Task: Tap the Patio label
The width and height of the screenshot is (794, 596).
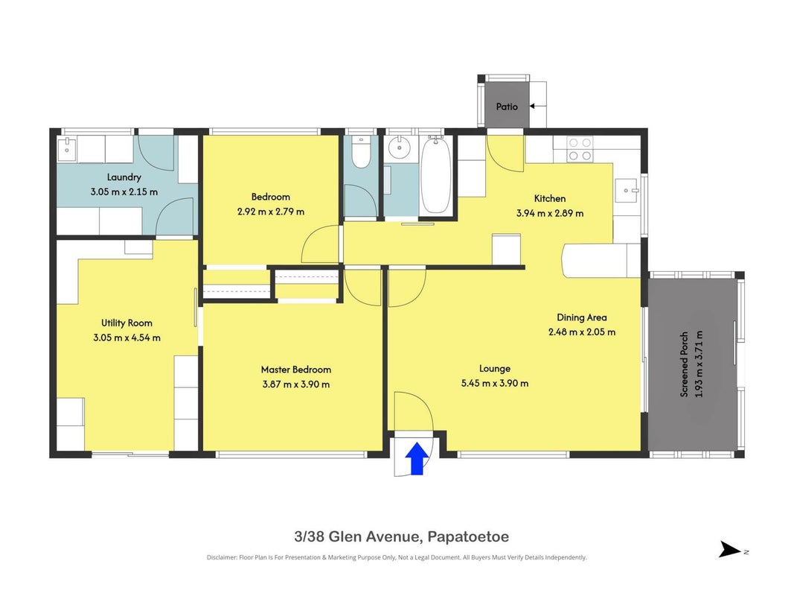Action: coord(507,107)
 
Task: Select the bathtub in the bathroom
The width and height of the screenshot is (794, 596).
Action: coord(436,175)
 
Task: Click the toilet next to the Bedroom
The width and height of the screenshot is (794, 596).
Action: coord(361,152)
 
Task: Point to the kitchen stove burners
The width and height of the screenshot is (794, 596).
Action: coord(580,150)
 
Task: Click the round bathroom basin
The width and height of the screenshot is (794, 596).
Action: coord(400,148)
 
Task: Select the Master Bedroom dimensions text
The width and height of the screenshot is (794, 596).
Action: coord(296,384)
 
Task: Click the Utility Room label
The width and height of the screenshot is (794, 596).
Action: coord(127,323)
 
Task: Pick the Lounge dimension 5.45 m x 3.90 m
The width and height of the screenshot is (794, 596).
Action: coord(495,383)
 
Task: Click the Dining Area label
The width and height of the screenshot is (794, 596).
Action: coord(582,317)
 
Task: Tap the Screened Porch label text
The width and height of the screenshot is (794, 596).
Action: coord(684,364)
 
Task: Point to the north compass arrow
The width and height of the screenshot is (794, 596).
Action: coord(730,549)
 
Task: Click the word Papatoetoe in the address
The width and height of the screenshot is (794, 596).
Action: coord(468,536)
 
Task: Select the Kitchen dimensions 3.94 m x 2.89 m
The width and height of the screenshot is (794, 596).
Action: coord(550,213)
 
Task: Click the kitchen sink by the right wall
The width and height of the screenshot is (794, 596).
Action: coord(627,191)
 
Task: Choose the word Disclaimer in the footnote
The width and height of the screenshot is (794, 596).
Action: coord(222,557)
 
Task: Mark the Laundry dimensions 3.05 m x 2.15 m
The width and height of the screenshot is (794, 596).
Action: coord(124,192)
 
